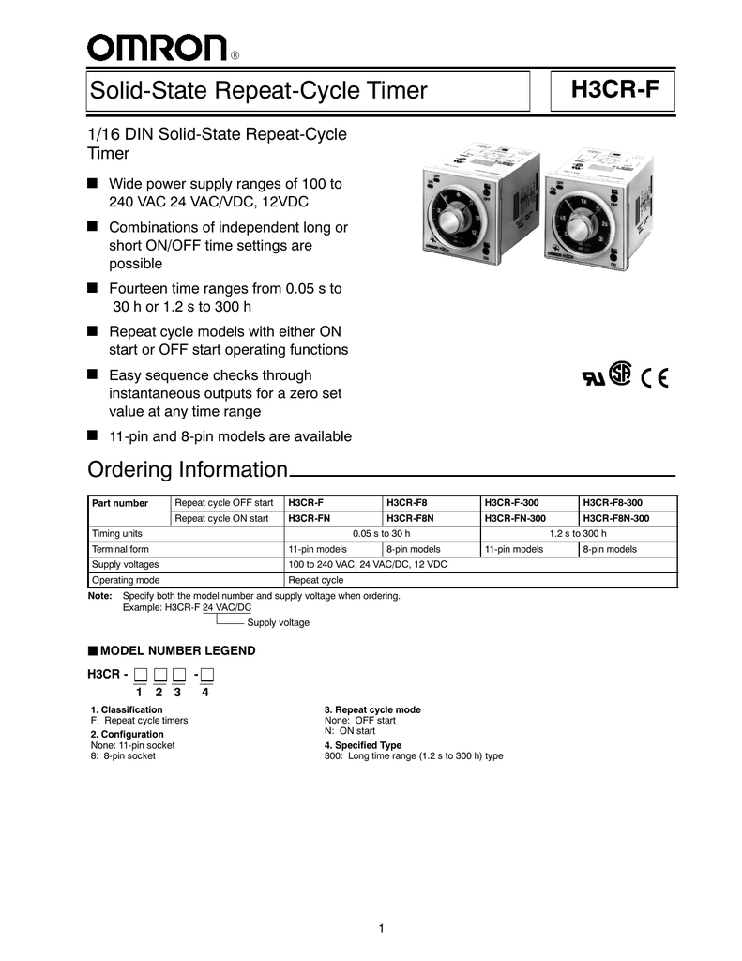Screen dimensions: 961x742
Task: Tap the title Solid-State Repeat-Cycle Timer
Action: (x=258, y=91)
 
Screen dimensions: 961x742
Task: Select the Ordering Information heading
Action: (x=187, y=469)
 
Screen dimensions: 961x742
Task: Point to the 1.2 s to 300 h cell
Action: (x=578, y=533)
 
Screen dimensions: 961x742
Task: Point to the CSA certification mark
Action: (x=620, y=374)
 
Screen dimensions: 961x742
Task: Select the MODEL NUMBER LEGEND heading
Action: (x=176, y=650)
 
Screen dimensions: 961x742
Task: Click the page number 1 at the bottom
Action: (x=382, y=928)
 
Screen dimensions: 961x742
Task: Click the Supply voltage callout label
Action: (x=278, y=622)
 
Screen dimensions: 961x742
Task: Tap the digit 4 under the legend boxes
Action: (x=204, y=693)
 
